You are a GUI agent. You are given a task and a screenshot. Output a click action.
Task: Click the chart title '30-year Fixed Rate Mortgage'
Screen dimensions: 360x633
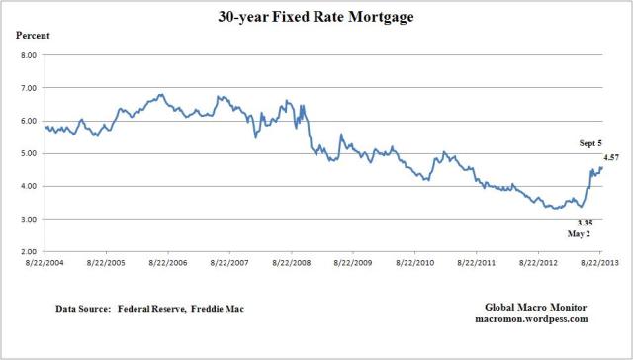point(316,18)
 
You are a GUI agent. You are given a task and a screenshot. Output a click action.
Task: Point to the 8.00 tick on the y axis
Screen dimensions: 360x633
point(27,55)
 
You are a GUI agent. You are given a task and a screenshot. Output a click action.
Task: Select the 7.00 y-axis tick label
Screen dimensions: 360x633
point(27,88)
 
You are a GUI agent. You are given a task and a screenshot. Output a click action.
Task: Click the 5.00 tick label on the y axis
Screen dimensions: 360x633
point(27,153)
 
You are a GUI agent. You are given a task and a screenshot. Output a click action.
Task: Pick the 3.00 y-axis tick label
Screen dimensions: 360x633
point(27,219)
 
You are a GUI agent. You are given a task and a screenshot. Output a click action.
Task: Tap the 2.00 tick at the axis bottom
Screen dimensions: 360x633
point(27,251)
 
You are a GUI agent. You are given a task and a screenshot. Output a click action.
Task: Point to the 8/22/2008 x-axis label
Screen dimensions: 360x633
point(293,265)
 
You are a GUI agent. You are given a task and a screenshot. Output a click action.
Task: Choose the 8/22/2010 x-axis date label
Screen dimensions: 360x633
point(416,265)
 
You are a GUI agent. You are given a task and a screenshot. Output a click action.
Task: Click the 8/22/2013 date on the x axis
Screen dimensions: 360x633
point(601,265)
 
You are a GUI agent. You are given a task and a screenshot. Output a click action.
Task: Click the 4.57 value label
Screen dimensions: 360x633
point(612,155)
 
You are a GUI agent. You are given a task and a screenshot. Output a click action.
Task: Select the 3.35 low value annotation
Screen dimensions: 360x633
point(559,223)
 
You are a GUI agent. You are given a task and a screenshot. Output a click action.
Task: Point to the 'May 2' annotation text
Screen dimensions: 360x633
point(560,233)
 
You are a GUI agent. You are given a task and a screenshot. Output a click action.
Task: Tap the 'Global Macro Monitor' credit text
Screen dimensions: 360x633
point(539,308)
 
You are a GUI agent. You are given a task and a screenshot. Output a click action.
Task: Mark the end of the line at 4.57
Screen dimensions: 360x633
point(601,167)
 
